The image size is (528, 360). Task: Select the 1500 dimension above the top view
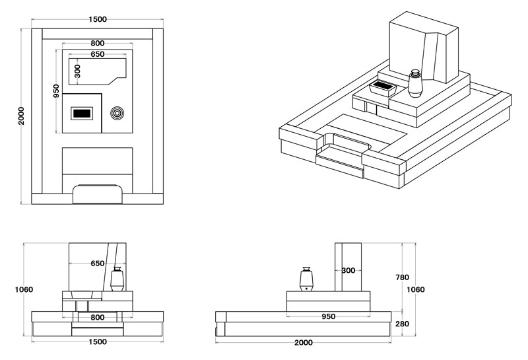pyautogui.click(x=98, y=19)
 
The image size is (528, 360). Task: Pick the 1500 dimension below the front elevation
pyautogui.click(x=98, y=342)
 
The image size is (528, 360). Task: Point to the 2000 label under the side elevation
pyautogui.click(x=304, y=343)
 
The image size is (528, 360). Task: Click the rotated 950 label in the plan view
pyautogui.click(x=56, y=90)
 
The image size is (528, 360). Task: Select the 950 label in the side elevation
pyautogui.click(x=328, y=316)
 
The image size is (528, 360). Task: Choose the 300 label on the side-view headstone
pyautogui.click(x=348, y=270)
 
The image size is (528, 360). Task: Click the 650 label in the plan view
pyautogui.click(x=97, y=54)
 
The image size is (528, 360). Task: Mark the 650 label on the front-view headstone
pyautogui.click(x=97, y=263)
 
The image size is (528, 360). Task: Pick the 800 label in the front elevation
pyautogui.click(x=97, y=317)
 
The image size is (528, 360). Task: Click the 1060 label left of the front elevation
pyautogui.click(x=22, y=289)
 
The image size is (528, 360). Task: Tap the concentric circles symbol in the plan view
pyautogui.click(x=117, y=114)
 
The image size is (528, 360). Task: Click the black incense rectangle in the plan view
pyautogui.click(x=82, y=114)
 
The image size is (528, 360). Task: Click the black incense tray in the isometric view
pyautogui.click(x=383, y=86)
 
